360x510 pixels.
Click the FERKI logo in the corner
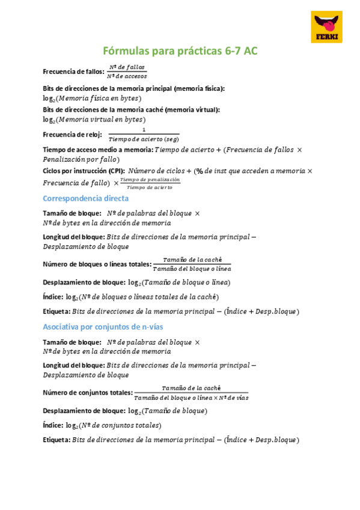coord(328,27)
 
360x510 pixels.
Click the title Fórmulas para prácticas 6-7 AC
coord(180,52)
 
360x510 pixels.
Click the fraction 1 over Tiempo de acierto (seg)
coord(144,135)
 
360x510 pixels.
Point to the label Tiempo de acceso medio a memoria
coord(98,149)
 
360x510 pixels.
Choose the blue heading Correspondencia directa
coord(85,198)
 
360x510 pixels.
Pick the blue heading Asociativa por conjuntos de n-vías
coord(103,327)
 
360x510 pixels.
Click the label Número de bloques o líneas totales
coord(97,264)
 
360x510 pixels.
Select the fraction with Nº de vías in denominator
coord(191,393)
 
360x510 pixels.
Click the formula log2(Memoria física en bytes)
coord(92,98)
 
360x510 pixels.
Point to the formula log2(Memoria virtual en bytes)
coord(94,120)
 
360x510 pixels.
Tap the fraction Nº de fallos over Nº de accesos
coord(126,72)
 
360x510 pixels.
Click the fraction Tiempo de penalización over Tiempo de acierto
coord(150,183)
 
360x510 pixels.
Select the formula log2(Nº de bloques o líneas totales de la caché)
coord(142,296)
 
